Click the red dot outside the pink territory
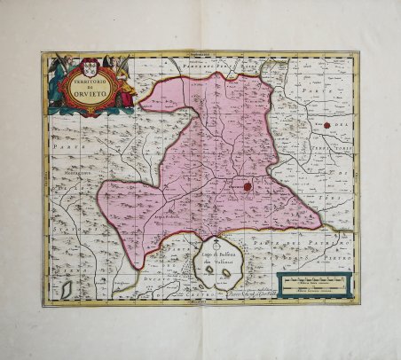(328, 125)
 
